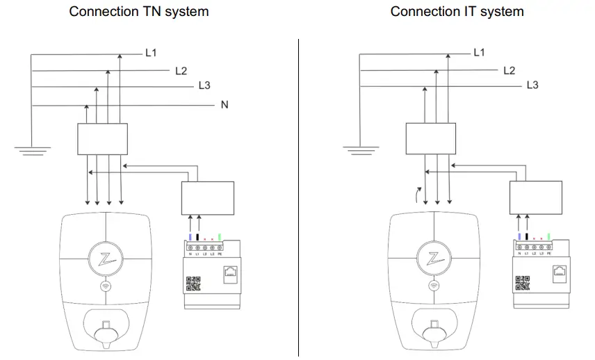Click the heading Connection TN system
[138, 12]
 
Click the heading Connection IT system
[457, 12]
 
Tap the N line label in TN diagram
[225, 105]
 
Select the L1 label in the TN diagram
[151, 53]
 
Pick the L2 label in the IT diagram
[509, 70]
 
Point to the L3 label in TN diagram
[204, 86]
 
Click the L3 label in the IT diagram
[532, 85]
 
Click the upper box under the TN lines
[102, 139]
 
